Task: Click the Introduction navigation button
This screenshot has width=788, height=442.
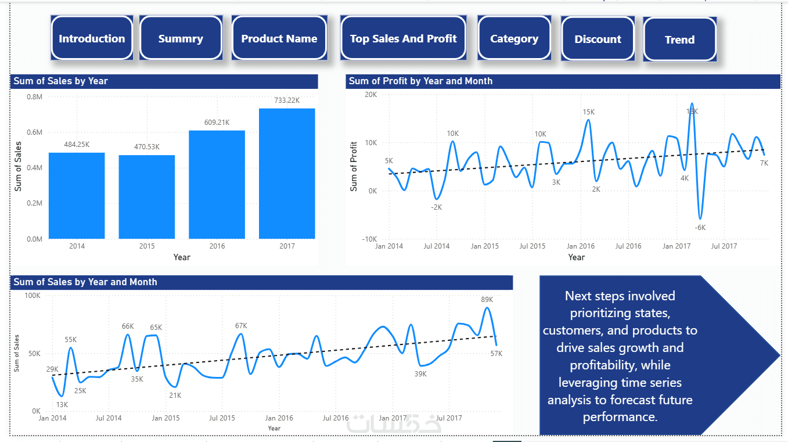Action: click(x=92, y=39)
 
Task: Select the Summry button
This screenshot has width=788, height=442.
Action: click(x=181, y=39)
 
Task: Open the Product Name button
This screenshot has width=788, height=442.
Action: click(x=279, y=39)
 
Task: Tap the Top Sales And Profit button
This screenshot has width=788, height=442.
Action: click(x=403, y=39)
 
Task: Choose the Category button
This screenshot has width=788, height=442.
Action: click(x=514, y=39)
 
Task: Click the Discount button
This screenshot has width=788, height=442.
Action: click(x=598, y=39)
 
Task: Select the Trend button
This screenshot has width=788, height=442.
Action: click(x=679, y=40)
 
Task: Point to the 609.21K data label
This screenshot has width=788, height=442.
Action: click(x=217, y=123)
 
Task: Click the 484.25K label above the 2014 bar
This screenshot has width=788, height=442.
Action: click(x=77, y=145)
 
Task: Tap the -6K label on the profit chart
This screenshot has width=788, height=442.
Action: click(x=700, y=227)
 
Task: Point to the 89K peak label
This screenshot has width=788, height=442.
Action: click(x=487, y=299)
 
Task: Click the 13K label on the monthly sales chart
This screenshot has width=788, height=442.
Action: click(x=62, y=404)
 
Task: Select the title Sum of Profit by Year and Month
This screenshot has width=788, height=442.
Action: click(x=420, y=81)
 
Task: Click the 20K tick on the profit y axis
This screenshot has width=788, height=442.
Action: click(x=370, y=95)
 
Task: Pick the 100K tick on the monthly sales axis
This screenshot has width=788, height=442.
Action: click(x=32, y=296)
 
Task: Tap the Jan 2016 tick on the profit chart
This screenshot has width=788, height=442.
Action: click(x=581, y=246)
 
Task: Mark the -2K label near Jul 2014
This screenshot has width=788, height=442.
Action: click(x=436, y=207)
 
